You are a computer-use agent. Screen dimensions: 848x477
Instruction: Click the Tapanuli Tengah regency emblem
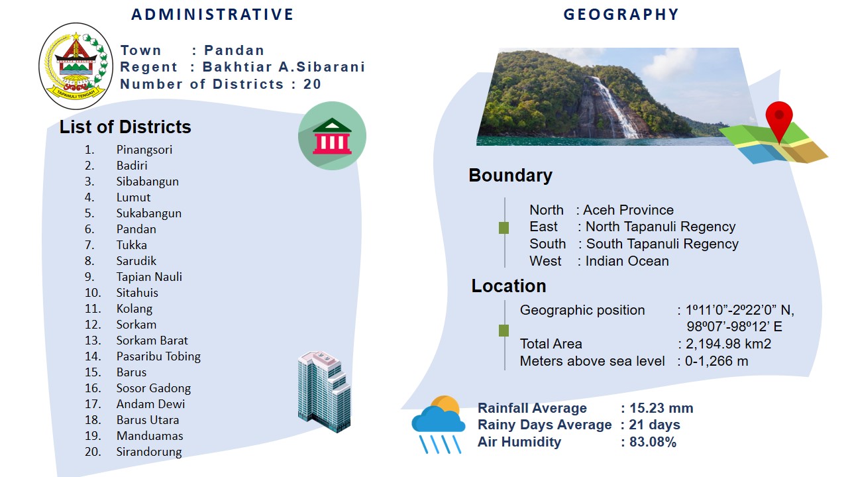[x=76, y=66]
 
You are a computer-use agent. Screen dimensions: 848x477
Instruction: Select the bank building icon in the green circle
[x=332, y=136]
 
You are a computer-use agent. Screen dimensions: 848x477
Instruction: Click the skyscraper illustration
[x=325, y=392]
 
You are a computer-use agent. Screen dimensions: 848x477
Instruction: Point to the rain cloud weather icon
[x=439, y=424]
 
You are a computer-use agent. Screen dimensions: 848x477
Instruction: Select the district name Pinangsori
[x=144, y=150]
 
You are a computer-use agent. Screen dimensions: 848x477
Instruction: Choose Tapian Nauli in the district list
[x=149, y=277]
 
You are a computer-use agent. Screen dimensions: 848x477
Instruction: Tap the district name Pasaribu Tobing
[x=158, y=356]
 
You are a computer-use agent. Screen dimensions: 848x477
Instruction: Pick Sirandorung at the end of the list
[x=149, y=452]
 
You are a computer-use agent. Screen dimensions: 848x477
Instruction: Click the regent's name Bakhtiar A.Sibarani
[x=284, y=67]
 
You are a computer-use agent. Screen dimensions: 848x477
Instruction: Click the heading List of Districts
[x=125, y=127]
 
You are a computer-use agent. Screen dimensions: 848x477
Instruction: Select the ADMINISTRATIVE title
[x=213, y=15]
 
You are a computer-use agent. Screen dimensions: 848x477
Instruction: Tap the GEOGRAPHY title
[x=621, y=15]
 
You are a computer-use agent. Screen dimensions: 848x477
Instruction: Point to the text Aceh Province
[x=629, y=210]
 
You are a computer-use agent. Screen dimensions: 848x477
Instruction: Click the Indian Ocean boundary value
[x=627, y=261]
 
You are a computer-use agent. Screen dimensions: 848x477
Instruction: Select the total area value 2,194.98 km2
[x=728, y=344]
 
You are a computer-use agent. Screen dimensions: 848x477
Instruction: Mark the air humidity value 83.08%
[x=653, y=442]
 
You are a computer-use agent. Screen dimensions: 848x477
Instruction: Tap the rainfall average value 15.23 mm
[x=661, y=408]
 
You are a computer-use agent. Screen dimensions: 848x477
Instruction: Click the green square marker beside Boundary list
[x=504, y=228]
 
